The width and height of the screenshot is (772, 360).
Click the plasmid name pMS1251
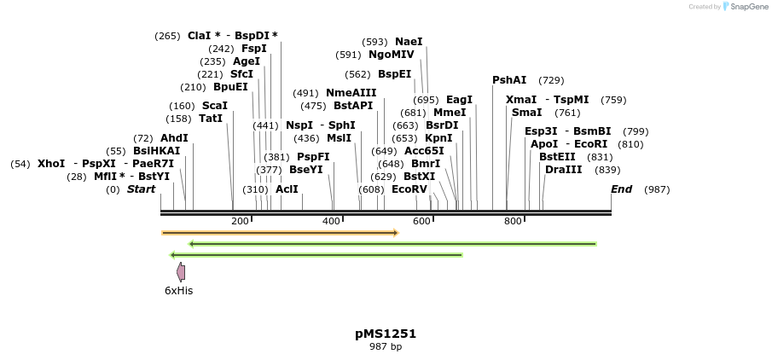click(x=386, y=334)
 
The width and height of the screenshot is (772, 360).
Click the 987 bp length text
click(x=386, y=346)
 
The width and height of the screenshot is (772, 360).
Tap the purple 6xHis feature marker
click(x=181, y=272)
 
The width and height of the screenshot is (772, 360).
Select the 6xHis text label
click(x=179, y=290)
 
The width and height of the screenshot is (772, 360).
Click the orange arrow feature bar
click(x=280, y=232)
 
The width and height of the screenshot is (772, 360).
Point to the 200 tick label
click(x=240, y=222)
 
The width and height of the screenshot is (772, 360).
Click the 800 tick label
click(x=513, y=222)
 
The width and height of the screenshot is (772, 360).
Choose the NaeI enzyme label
click(x=409, y=42)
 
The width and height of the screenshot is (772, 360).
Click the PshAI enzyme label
click(x=509, y=80)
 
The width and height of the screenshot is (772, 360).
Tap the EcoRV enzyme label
click(x=409, y=189)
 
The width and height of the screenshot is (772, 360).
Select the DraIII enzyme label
click(x=564, y=170)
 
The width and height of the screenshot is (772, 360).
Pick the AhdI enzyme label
click(x=174, y=138)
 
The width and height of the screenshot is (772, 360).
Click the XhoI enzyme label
click(x=51, y=164)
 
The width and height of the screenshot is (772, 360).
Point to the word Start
click(x=141, y=189)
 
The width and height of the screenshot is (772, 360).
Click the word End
click(x=622, y=189)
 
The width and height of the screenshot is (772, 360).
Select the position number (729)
click(x=551, y=80)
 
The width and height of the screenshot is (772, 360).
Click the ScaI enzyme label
click(x=215, y=106)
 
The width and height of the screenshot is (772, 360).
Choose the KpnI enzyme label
click(x=438, y=138)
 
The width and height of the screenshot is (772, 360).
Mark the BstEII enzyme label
click(x=557, y=157)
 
